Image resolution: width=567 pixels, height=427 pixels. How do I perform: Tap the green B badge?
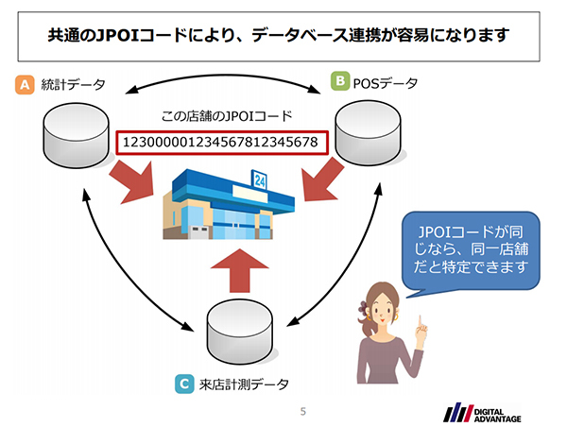(339, 83)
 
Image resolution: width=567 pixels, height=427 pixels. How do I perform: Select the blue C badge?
(185, 384)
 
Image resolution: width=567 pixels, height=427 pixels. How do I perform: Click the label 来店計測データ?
(244, 384)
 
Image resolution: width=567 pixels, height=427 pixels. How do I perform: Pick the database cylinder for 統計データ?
(77, 132)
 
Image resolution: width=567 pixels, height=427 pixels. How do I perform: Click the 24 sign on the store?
(259, 178)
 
